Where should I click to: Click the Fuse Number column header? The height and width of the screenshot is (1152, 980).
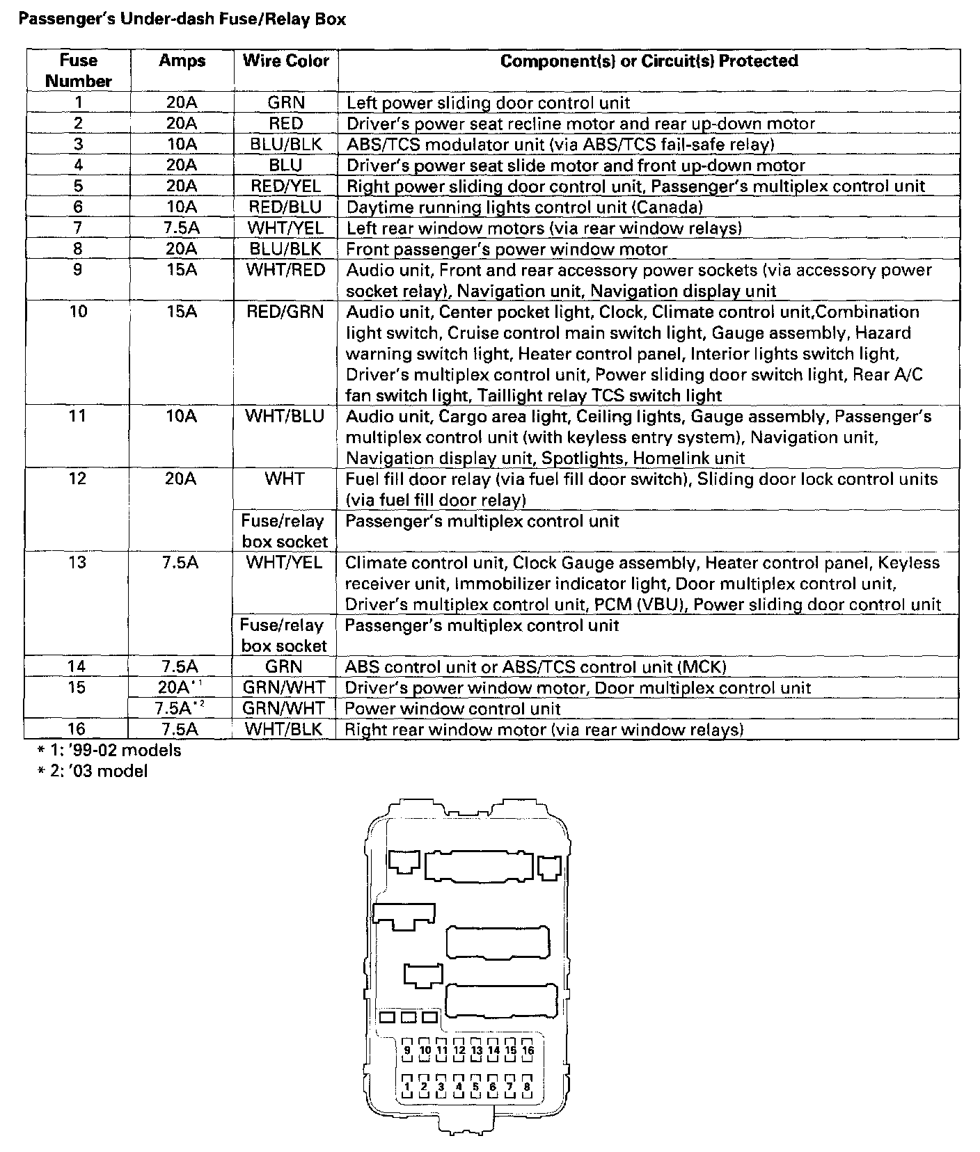click(x=78, y=70)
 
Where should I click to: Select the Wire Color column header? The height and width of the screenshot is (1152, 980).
click(x=285, y=61)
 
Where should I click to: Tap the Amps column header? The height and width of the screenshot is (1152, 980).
click(x=182, y=61)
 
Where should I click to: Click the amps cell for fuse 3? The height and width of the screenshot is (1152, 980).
click(x=182, y=145)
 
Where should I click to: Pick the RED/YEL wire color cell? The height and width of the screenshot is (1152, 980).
click(x=285, y=186)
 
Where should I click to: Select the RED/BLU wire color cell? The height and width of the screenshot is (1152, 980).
click(x=285, y=207)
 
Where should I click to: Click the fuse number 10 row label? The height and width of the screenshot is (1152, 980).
click(x=78, y=312)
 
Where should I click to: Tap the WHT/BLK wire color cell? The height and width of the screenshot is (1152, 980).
click(x=284, y=729)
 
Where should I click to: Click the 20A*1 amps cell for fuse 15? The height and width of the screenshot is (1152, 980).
click(x=180, y=687)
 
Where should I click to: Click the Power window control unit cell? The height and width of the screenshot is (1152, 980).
click(x=452, y=708)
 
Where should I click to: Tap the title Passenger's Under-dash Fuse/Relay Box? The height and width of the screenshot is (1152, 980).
click(x=182, y=19)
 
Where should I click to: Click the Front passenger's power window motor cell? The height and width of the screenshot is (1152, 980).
click(x=507, y=249)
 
